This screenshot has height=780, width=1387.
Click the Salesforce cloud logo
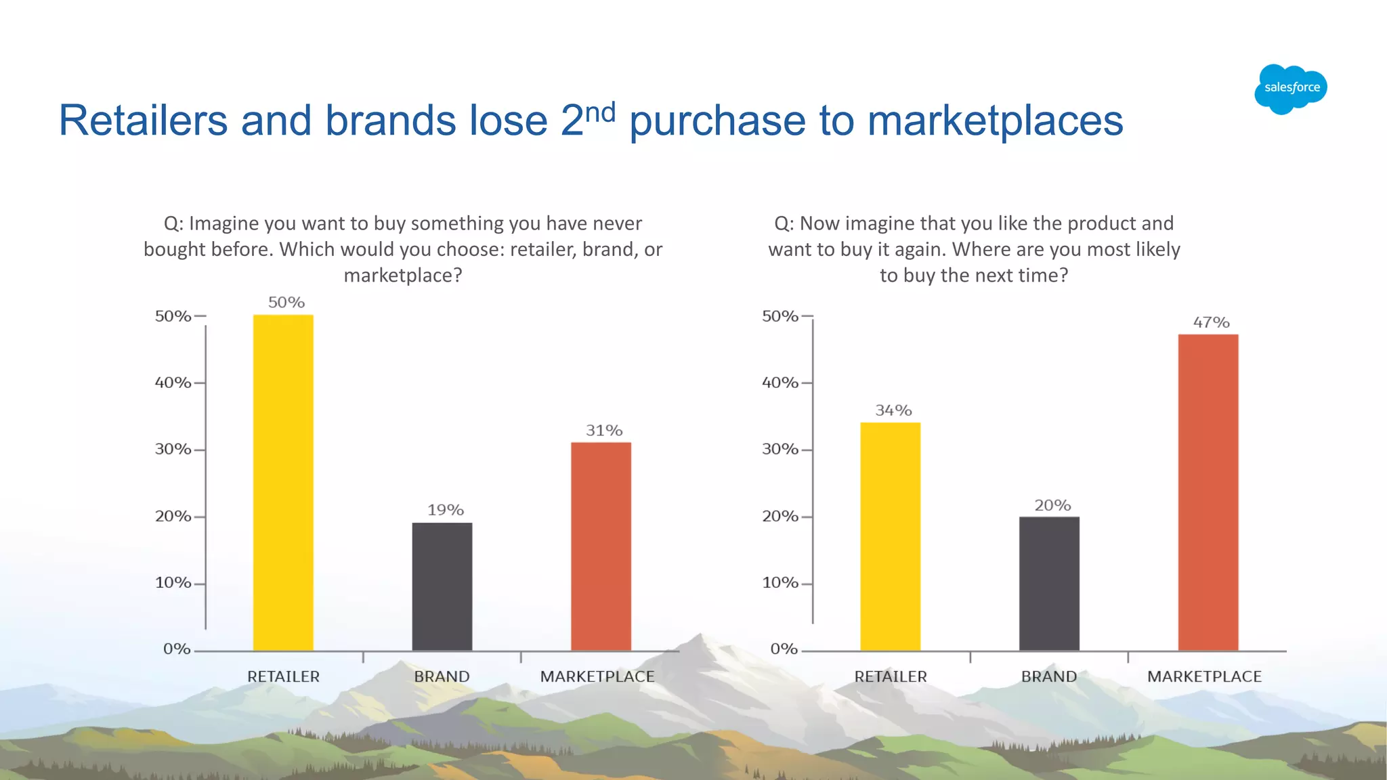1290,89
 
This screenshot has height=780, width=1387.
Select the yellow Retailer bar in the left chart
283,482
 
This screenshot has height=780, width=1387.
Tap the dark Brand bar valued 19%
442,586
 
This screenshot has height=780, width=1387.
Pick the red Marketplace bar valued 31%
601,546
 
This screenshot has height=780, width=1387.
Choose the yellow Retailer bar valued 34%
890,536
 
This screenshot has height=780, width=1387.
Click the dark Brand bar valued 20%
1049,584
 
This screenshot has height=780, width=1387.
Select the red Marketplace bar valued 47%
1208,492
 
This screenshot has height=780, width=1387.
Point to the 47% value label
1211,322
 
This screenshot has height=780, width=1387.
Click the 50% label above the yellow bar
286,302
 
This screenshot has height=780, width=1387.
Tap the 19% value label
445,510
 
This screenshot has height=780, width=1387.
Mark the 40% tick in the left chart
173,383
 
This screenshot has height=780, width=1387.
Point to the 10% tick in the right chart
780,583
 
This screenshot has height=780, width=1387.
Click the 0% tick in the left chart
177,649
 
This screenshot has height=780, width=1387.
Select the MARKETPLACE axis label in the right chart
1204,676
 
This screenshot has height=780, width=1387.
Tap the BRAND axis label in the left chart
442,676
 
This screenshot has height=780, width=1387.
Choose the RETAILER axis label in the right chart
890,676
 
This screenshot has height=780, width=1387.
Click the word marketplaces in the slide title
995,121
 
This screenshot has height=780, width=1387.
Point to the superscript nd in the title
600,112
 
